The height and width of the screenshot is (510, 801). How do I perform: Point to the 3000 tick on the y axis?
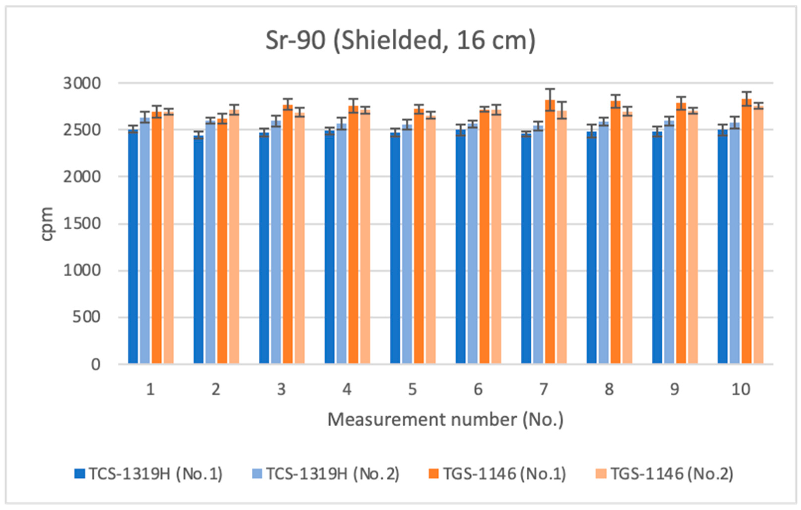(82, 83)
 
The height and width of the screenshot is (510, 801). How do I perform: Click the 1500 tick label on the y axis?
(82, 224)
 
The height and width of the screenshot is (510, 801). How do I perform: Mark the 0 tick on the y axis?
(96, 364)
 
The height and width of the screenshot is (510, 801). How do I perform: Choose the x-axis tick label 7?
(543, 389)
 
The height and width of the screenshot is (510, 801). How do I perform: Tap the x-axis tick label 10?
(740, 389)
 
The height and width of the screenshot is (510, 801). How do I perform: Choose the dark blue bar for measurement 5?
(395, 248)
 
